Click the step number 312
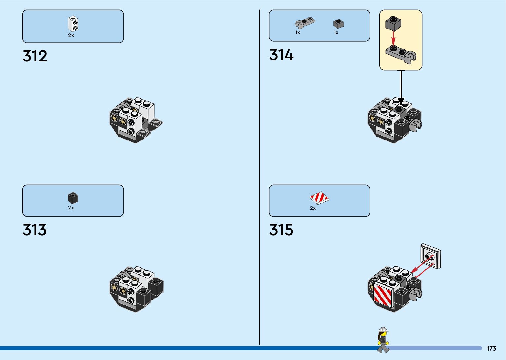pyautogui.click(x=35, y=56)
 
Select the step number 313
pyautogui.click(x=35, y=230)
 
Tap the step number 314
pyautogui.click(x=281, y=55)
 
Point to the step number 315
pyautogui.click(x=281, y=230)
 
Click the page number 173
pyautogui.click(x=491, y=349)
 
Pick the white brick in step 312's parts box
pyautogui.click(x=73, y=24)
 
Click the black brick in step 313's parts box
pyautogui.click(x=73, y=198)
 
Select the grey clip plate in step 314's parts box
pyautogui.click(x=305, y=23)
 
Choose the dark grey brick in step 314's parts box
pyautogui.click(x=338, y=24)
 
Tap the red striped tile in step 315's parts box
pyautogui.click(x=319, y=198)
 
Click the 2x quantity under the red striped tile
pyautogui.click(x=313, y=208)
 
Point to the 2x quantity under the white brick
pyautogui.click(x=71, y=35)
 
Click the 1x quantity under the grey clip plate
pyautogui.click(x=298, y=32)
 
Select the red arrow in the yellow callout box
pyautogui.click(x=393, y=38)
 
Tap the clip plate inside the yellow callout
pyautogui.click(x=401, y=54)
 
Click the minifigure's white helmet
pyautogui.click(x=383, y=330)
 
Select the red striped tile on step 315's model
pyautogui.click(x=383, y=294)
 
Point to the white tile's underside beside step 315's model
pyautogui.click(x=430, y=256)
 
